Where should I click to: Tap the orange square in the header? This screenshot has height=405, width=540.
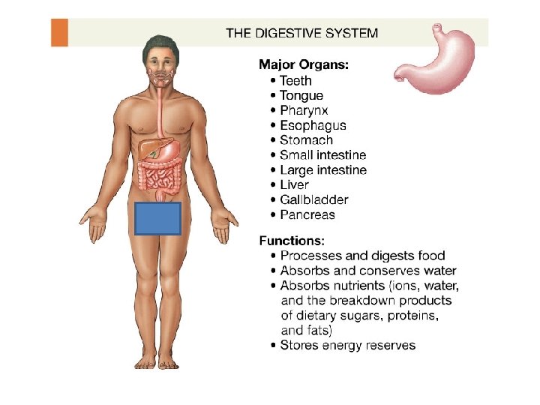[x=59, y=33]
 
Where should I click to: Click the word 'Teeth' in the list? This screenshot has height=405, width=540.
[x=295, y=80]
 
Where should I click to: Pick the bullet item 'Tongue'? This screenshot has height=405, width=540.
[x=301, y=95]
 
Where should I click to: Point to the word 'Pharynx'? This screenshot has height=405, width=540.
[x=304, y=110]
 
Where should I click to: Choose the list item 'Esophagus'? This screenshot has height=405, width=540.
[x=313, y=125]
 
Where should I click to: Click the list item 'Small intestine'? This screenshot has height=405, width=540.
[x=323, y=155]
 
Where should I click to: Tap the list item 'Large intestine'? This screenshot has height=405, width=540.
[x=323, y=170]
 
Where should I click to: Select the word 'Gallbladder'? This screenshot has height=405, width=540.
[x=313, y=200]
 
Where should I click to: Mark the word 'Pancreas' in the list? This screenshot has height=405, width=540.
[x=307, y=215]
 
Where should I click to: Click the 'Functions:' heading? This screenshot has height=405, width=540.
[x=292, y=241]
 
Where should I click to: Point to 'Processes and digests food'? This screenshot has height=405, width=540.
[x=362, y=256]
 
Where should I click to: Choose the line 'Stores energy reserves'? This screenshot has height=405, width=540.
[x=347, y=346]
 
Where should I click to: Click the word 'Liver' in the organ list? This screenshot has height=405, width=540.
[x=294, y=185]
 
